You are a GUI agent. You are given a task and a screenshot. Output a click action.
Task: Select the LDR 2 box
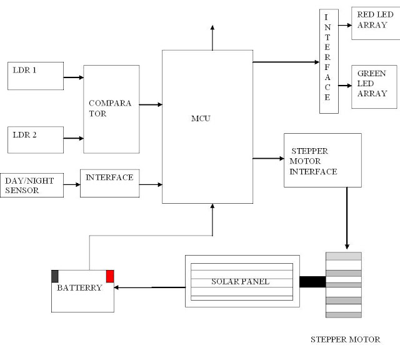click(x=35, y=139)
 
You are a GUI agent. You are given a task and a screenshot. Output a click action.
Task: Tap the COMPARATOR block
click(x=111, y=109)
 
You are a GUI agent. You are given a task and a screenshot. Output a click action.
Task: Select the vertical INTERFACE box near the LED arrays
click(x=328, y=61)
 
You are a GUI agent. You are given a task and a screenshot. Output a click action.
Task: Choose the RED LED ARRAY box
click(x=375, y=24)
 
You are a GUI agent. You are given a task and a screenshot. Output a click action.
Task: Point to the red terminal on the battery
click(x=110, y=276)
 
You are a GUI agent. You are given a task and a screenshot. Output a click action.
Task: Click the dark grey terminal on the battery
click(x=55, y=276)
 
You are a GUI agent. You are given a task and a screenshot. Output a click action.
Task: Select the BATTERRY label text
click(x=79, y=289)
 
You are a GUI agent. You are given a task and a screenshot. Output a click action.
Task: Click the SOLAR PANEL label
click(x=240, y=282)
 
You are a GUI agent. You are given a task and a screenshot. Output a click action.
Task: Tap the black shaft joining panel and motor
click(x=312, y=282)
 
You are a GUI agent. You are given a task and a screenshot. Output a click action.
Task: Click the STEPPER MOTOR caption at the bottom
click(x=345, y=340)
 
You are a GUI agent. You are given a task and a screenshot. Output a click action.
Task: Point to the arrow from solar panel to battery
click(x=150, y=287)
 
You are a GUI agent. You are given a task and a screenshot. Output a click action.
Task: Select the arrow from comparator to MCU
click(x=151, y=105)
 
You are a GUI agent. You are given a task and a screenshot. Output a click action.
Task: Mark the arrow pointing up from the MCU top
click(x=212, y=37)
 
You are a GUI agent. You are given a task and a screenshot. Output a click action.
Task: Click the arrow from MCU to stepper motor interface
click(x=268, y=159)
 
